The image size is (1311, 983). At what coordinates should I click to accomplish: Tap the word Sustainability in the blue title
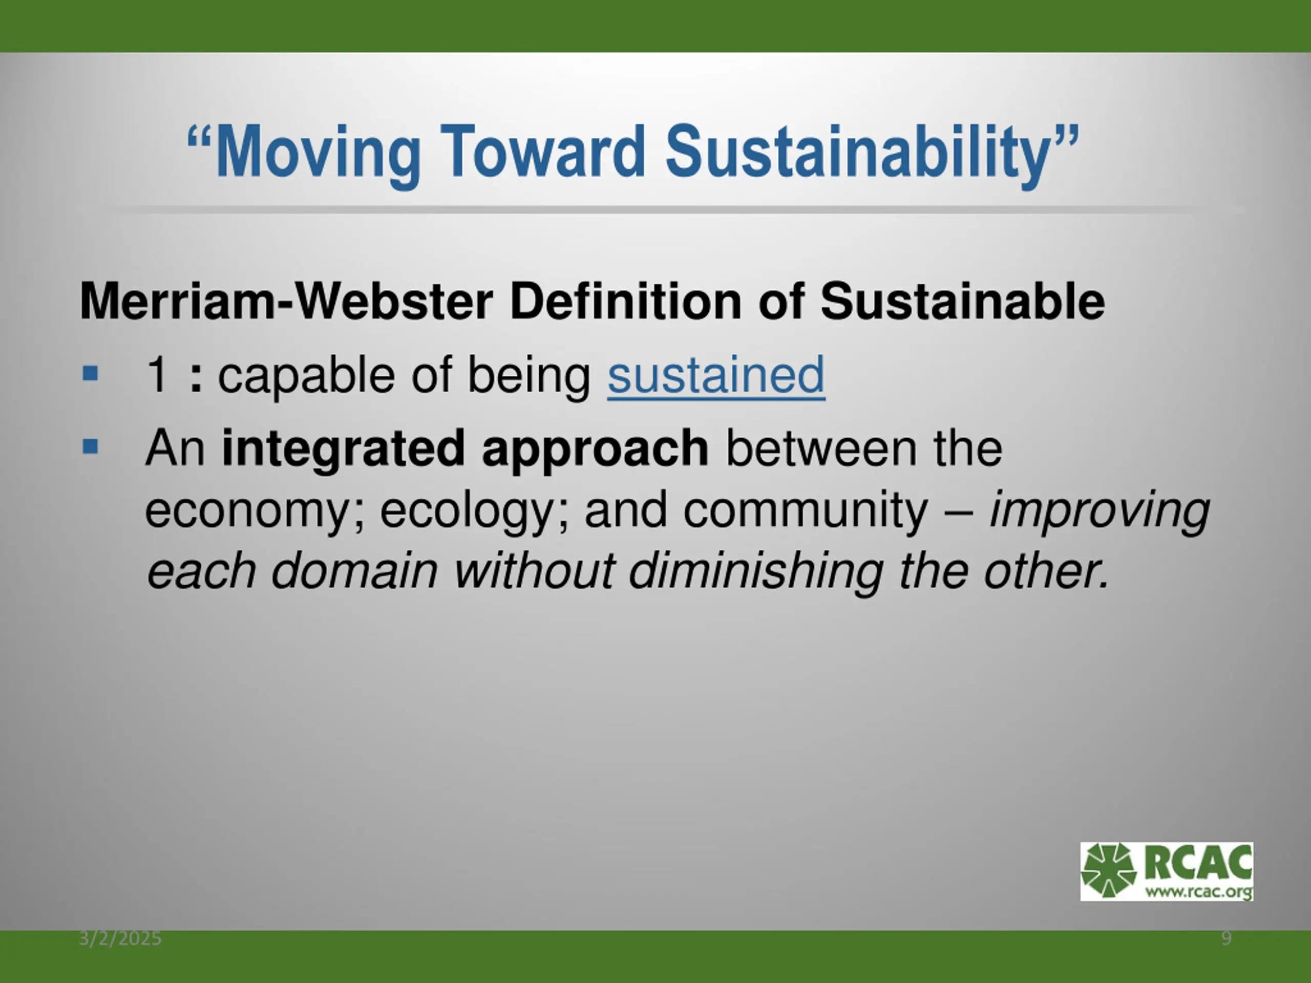(858, 153)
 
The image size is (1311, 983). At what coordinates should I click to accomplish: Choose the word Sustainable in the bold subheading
(962, 301)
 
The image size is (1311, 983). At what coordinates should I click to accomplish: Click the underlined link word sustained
(716, 375)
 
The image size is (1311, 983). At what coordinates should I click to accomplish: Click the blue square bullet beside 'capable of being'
(90, 374)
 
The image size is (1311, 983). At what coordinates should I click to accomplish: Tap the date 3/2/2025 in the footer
(120, 938)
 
